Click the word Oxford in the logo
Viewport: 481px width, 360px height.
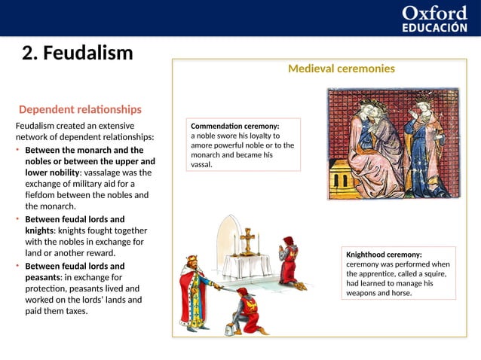435,13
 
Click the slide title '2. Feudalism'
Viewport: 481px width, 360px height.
78,53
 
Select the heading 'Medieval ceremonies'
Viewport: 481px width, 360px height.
341,69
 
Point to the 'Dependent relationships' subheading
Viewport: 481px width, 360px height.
80,109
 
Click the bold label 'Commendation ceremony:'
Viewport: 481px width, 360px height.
235,126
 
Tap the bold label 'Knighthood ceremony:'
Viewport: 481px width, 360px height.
383,255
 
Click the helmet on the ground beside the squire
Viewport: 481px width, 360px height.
228,329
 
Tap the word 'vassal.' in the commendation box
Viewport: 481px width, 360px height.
202,164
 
